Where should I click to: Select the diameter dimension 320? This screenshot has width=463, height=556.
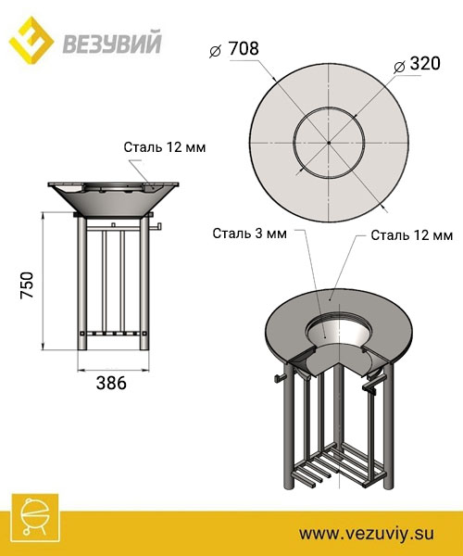(425, 66)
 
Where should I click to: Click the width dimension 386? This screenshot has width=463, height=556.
(110, 381)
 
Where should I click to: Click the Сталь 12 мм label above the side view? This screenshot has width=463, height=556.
(163, 145)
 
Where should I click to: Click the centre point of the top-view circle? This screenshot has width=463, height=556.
(329, 143)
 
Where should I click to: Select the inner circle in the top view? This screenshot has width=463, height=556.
(295, 143)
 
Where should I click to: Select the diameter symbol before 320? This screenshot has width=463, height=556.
(398, 67)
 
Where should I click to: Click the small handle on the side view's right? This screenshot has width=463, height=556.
(156, 226)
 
